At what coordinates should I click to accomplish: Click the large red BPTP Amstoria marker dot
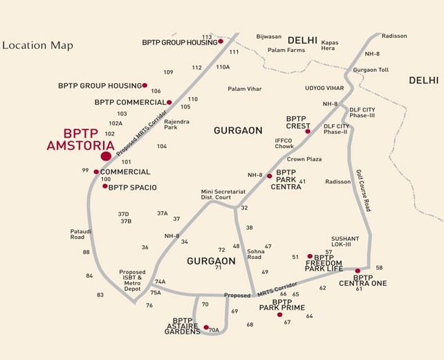(106, 156)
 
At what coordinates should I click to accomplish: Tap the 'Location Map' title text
(37, 46)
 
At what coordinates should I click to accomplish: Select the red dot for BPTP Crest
(308, 132)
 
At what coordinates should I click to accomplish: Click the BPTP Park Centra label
(286, 179)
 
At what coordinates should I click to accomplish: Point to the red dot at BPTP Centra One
(358, 271)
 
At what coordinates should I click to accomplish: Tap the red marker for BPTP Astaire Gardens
(206, 327)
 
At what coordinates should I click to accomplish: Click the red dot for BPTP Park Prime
(279, 315)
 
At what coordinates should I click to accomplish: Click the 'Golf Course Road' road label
(364, 190)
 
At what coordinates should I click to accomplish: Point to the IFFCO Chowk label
(284, 143)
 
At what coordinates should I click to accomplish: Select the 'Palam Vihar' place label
(244, 89)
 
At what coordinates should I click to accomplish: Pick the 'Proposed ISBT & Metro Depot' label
(132, 280)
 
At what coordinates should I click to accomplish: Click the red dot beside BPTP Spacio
(104, 186)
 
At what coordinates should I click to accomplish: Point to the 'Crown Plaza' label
(304, 159)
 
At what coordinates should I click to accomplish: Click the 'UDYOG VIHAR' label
(324, 88)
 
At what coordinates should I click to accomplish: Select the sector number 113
(207, 37)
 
